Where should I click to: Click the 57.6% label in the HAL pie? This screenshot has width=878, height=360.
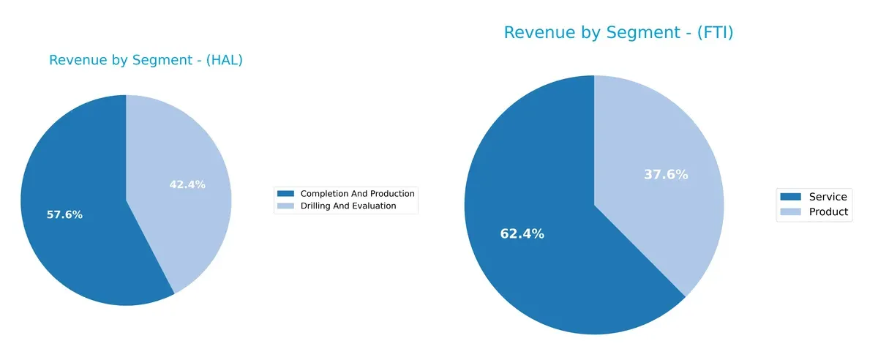tap(64, 215)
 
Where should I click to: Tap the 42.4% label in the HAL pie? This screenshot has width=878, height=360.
tap(187, 185)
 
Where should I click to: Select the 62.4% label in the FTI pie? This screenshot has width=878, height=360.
tap(522, 234)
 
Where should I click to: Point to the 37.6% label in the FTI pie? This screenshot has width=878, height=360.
tap(666, 175)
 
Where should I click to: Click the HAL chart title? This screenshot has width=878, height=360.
tap(146, 61)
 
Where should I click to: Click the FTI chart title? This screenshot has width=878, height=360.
tap(618, 33)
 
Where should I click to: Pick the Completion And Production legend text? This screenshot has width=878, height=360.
tap(357, 194)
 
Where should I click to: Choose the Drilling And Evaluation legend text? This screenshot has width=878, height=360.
tap(348, 206)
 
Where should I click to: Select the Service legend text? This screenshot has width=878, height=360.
tap(828, 197)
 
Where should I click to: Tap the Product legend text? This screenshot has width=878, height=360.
tap(828, 212)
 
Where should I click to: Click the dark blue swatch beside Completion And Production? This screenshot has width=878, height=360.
tap(285, 194)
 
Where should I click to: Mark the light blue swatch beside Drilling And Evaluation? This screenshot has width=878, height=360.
tap(285, 206)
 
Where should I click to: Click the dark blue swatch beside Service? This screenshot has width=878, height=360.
tap(791, 197)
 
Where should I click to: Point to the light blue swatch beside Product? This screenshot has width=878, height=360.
tap(791, 212)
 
